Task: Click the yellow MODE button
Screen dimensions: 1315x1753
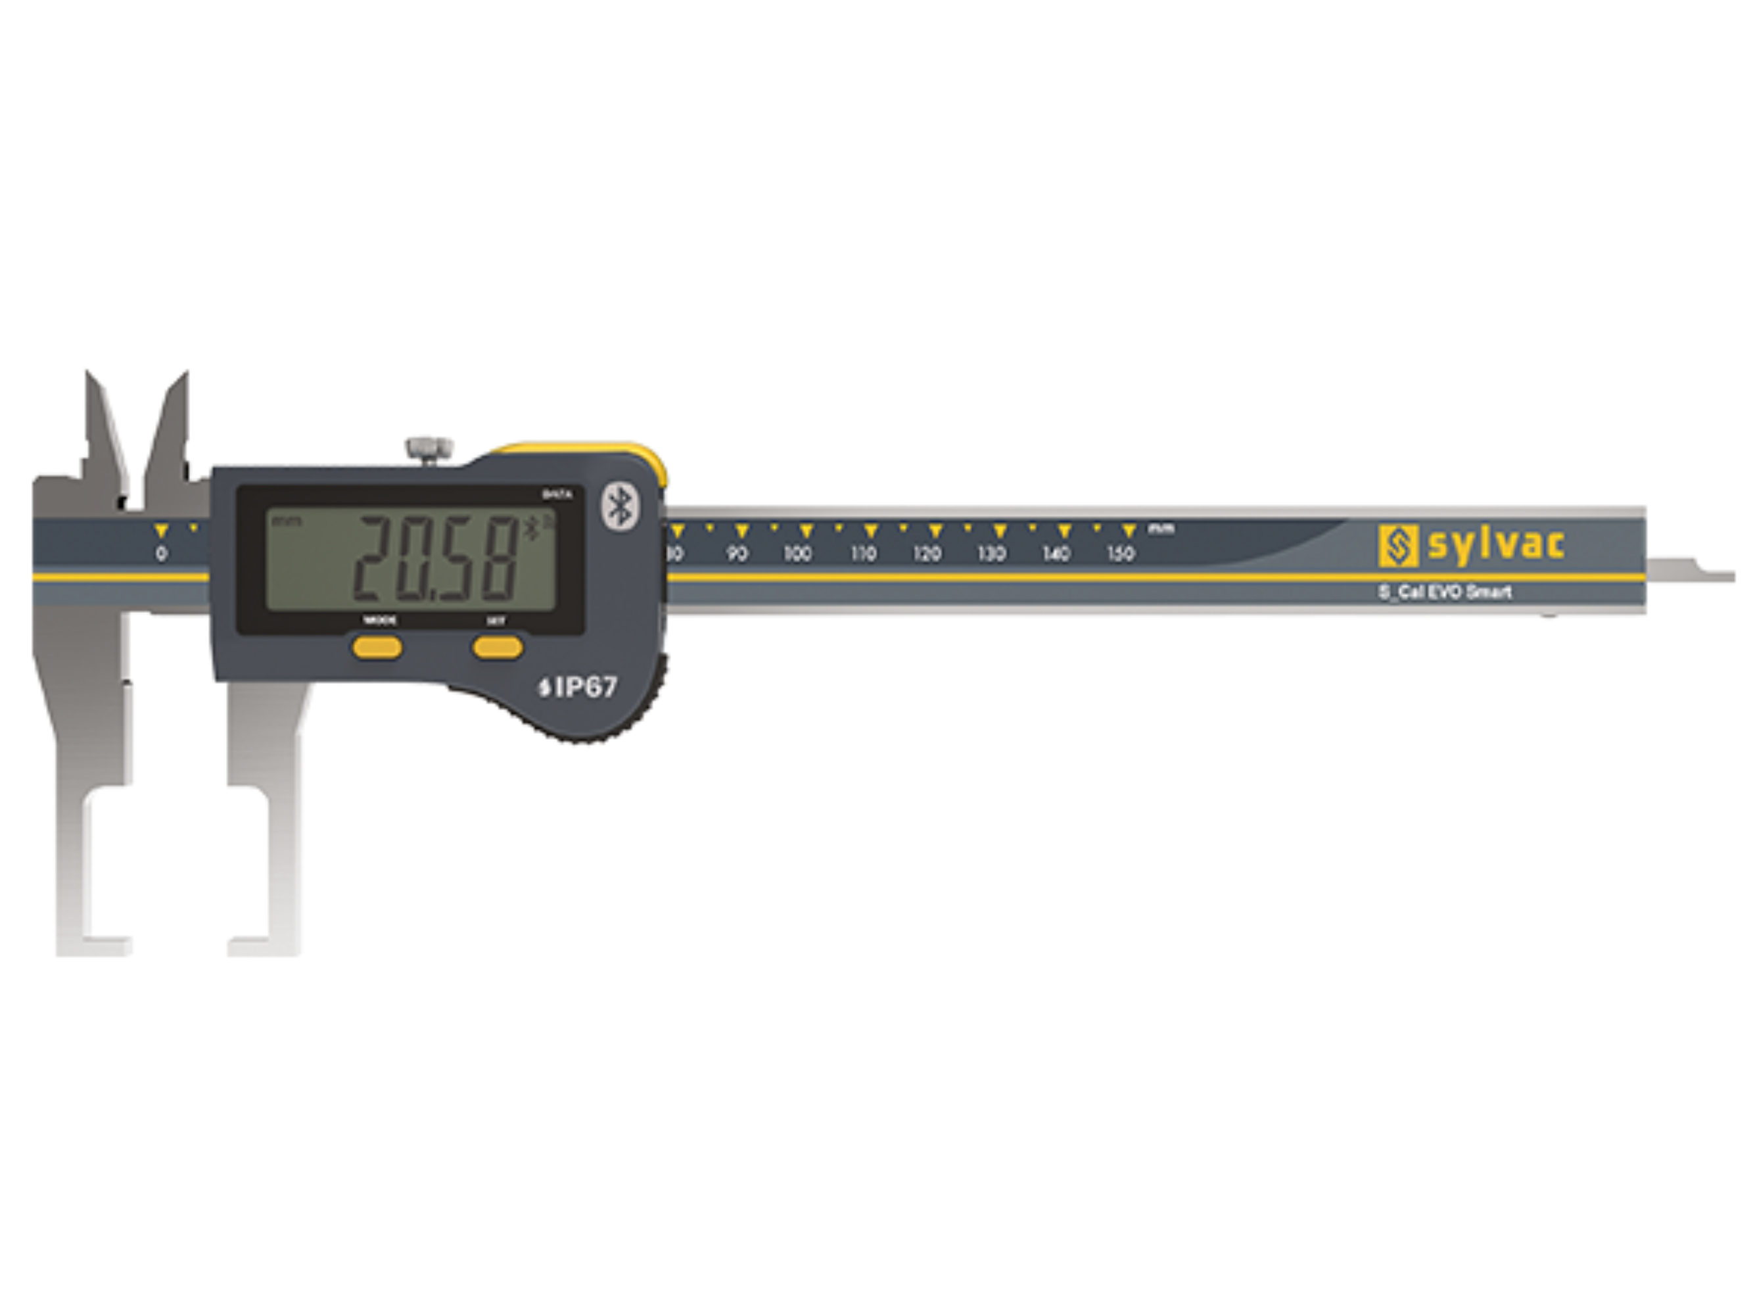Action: click(377, 648)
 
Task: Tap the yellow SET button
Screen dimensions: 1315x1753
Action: click(498, 648)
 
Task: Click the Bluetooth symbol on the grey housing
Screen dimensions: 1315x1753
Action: click(620, 506)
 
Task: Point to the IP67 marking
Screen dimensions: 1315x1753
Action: click(578, 687)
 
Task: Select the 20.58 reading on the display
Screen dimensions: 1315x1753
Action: click(434, 556)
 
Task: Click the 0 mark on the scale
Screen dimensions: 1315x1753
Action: click(162, 553)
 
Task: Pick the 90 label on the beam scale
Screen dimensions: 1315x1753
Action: click(737, 553)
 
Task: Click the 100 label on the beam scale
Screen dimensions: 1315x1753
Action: click(798, 553)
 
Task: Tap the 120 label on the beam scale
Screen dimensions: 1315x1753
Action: click(926, 553)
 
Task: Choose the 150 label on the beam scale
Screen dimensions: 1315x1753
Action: click(1120, 553)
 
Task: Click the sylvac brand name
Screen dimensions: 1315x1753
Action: click(1495, 545)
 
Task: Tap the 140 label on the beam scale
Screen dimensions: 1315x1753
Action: click(1056, 553)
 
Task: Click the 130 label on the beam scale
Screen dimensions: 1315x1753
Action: click(991, 553)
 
